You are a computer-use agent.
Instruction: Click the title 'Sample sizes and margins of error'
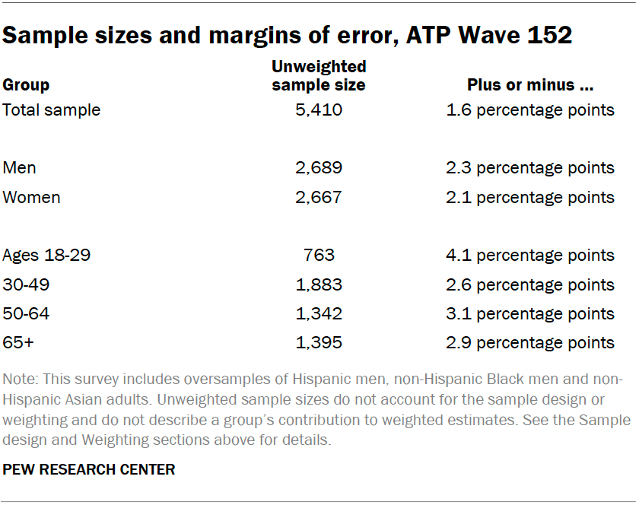coord(288,35)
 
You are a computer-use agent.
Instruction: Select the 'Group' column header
coord(26,85)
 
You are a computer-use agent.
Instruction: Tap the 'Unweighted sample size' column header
coord(319,76)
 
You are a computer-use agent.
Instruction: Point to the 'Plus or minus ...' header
coord(530,85)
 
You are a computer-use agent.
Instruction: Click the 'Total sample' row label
coord(52,110)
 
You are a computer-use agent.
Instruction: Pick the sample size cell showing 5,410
coord(319,110)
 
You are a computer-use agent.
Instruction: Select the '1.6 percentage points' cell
coord(530,110)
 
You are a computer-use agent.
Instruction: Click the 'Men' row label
coord(20,168)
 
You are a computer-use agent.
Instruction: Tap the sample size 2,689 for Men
coord(319,168)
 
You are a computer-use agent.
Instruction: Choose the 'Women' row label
coord(32,198)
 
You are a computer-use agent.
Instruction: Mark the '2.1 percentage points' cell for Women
coord(530,198)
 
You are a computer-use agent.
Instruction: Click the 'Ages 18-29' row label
coord(46,256)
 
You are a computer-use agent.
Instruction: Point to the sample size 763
coord(319,256)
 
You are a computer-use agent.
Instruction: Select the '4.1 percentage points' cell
coord(530,256)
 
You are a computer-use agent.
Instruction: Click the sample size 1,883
coord(319,285)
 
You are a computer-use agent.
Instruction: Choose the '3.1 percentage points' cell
coord(530,314)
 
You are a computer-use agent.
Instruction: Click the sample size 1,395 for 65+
coord(319,343)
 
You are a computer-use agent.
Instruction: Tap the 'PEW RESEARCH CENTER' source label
coord(89,469)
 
